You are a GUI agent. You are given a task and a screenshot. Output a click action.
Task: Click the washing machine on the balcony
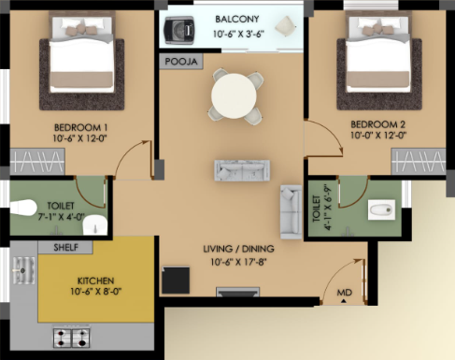click(178, 30)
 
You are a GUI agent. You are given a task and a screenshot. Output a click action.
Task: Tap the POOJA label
click(181, 62)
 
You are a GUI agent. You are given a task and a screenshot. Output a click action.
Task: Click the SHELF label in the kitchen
click(65, 248)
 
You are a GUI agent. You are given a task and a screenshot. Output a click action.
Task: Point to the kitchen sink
click(23, 270)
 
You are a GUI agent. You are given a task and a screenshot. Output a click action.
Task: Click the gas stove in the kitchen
click(72, 338)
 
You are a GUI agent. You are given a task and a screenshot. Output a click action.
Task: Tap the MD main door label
click(344, 293)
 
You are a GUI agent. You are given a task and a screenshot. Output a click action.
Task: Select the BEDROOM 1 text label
click(80, 127)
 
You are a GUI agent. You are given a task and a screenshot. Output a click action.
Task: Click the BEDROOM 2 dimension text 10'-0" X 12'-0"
click(378, 136)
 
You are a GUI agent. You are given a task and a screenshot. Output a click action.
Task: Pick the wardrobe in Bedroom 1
click(37, 161)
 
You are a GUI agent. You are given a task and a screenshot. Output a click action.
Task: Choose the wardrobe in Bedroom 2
click(419, 161)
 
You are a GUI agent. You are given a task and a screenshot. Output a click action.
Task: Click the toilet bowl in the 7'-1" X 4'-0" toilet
click(23, 208)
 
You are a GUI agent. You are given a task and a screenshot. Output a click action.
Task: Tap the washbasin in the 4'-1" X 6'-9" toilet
click(381, 209)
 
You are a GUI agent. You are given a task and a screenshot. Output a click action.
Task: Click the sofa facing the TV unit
click(242, 170)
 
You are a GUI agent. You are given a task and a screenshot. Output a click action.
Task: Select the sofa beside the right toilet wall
click(291, 212)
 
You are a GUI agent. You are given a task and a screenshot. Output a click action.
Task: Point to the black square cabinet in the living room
click(176, 280)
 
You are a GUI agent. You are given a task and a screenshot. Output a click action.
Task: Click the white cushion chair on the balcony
click(286, 26)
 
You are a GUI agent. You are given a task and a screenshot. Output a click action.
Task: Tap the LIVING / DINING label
click(238, 249)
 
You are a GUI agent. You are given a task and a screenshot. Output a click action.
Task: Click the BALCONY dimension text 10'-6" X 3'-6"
click(238, 34)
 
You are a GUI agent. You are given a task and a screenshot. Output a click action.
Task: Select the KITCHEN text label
click(95, 281)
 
